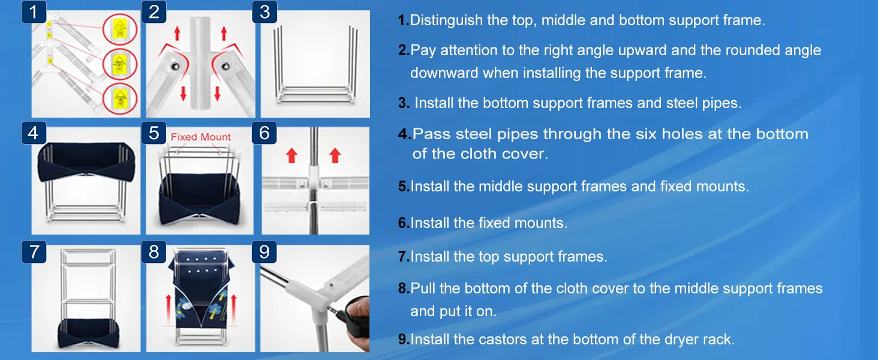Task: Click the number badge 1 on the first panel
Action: coord(34,12)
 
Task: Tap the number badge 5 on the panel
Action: coord(154,133)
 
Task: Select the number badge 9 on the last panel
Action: coord(264,252)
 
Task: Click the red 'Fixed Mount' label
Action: coord(201,137)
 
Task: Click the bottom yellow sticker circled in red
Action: coord(120,97)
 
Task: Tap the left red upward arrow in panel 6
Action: coord(292,156)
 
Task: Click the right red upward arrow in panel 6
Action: coord(335,156)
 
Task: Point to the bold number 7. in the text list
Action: coord(404,257)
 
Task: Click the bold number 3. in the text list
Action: coord(404,103)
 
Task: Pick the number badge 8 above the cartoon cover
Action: coord(154,252)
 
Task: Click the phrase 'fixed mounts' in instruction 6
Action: coord(522,223)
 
